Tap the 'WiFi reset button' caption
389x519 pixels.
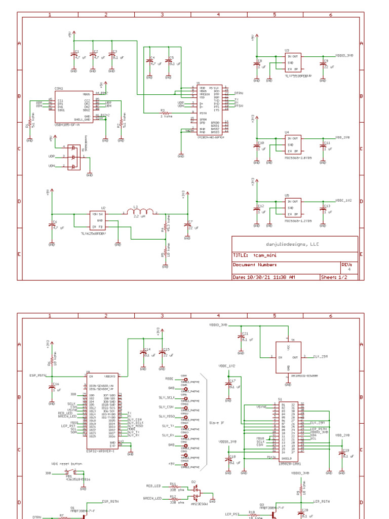coord(66,463)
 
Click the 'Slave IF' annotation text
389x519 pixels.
coord(217,422)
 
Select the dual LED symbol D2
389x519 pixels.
coord(196,492)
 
